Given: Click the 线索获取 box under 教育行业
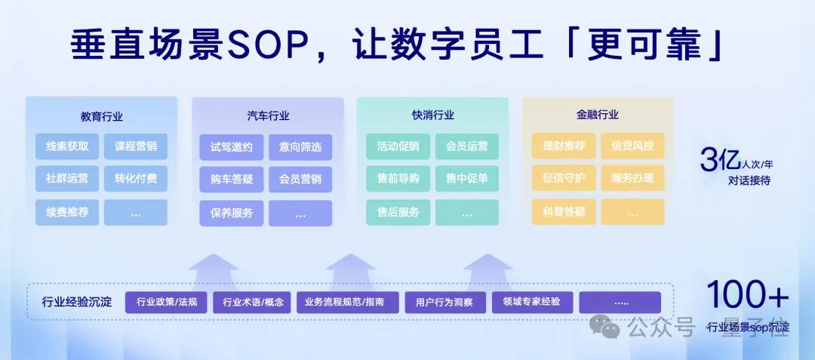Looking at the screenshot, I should click(66, 146).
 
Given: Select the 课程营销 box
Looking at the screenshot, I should click(136, 146).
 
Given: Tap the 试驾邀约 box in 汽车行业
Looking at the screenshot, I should click(232, 146).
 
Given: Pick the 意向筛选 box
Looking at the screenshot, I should click(300, 146).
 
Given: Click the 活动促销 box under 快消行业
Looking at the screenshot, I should click(398, 146).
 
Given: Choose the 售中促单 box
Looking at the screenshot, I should click(466, 179).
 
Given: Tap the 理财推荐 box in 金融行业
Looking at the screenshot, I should click(564, 146).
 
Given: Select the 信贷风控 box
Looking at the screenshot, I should click(632, 146).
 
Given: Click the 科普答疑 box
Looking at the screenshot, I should click(564, 212).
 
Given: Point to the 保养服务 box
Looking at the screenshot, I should click(232, 212).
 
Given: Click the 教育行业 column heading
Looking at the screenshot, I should click(101, 116).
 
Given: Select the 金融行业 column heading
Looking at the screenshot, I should click(597, 115).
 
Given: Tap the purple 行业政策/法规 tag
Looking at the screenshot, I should click(167, 303).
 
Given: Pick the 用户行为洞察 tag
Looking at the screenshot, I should click(444, 303).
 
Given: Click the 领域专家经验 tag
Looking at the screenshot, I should click(531, 302).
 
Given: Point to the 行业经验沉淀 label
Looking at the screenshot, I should click(77, 303).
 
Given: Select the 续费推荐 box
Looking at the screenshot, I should click(66, 212).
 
